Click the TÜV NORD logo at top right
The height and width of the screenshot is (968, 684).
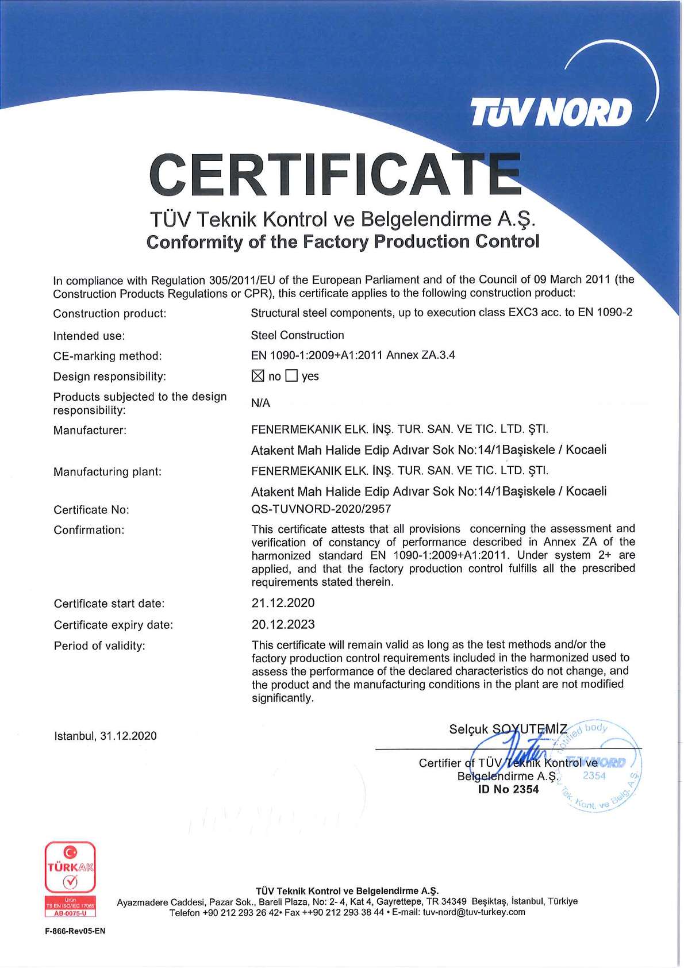(x=551, y=112)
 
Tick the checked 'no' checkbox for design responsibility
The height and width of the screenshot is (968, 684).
(x=258, y=377)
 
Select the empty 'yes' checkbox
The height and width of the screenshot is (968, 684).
(x=292, y=377)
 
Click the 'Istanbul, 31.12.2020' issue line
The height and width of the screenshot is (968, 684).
(x=105, y=736)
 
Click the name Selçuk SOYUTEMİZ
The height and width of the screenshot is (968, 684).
(x=508, y=729)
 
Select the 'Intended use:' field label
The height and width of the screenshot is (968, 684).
(x=89, y=336)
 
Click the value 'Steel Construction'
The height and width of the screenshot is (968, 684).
(x=297, y=335)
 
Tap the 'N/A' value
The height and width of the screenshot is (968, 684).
(x=260, y=403)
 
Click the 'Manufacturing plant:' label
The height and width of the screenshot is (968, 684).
(x=107, y=472)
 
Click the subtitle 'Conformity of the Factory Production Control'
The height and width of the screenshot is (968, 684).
(x=343, y=241)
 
